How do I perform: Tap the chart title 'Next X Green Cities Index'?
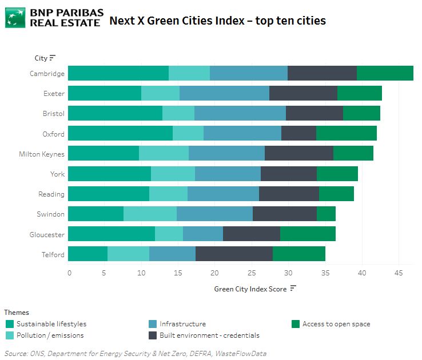217,21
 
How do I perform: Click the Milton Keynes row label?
41,154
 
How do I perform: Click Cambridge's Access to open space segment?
385,73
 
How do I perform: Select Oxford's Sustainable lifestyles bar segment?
120,133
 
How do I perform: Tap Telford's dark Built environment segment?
234,254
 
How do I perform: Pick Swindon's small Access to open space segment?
326,214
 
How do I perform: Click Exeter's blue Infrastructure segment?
224,93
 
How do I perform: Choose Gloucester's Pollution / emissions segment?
169,234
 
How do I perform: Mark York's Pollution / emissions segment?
173,174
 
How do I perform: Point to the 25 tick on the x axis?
252,273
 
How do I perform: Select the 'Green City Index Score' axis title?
250,289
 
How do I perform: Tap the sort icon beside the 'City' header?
53,58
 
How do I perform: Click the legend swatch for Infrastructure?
152,324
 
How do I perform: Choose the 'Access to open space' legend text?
336,324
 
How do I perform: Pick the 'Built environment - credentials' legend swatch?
152,335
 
